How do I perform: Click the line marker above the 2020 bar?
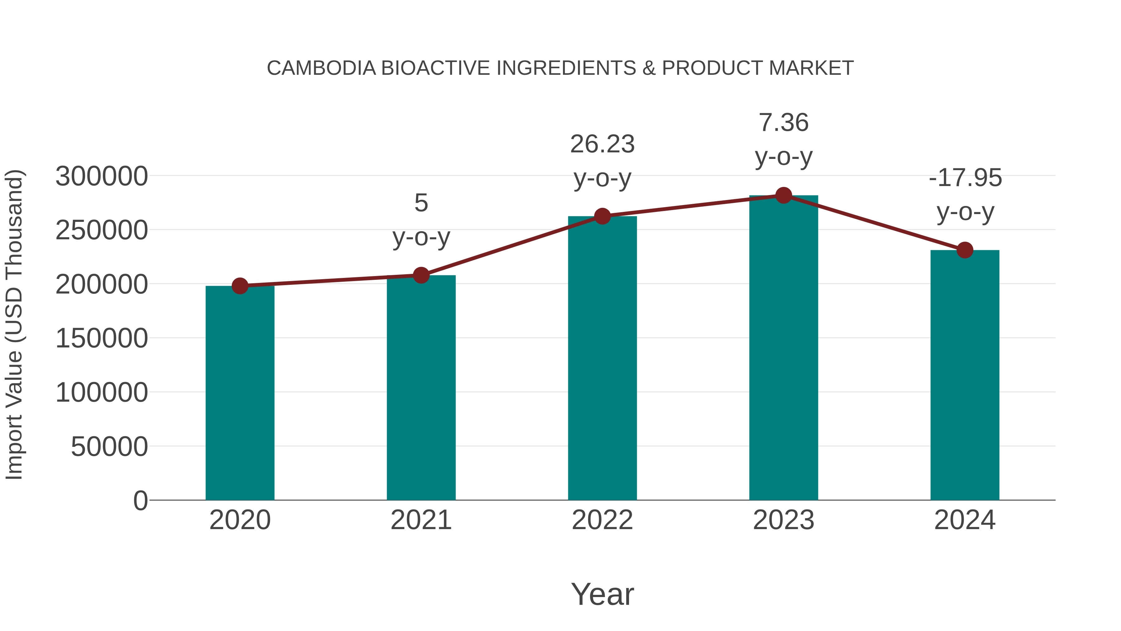pyautogui.click(x=240, y=286)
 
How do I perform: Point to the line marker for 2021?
pyautogui.click(x=421, y=275)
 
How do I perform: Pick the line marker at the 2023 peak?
pyautogui.click(x=783, y=195)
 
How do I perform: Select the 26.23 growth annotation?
pyautogui.click(x=602, y=144)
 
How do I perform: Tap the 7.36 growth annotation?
pyautogui.click(x=783, y=122)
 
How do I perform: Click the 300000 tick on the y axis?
pyautogui.click(x=102, y=176)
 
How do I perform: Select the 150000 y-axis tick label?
pyautogui.click(x=102, y=338)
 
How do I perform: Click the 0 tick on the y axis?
pyautogui.click(x=140, y=500)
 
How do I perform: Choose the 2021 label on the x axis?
pyautogui.click(x=421, y=520)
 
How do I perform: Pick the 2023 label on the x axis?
pyautogui.click(x=783, y=520)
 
